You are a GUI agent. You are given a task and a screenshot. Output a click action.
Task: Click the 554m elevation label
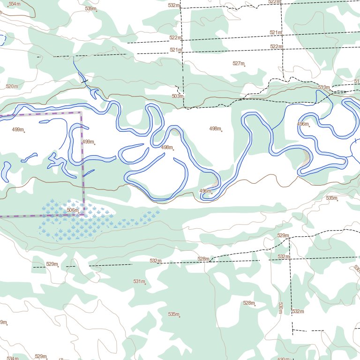click(15, 4)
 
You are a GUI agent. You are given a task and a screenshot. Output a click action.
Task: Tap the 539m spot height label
click(90, 8)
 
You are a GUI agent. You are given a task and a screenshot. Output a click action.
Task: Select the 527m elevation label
click(239, 63)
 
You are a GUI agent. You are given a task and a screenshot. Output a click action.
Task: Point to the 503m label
click(177, 96)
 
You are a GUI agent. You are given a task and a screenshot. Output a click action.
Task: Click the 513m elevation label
click(323, 88)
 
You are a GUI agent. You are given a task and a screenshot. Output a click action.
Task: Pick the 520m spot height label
click(12, 87)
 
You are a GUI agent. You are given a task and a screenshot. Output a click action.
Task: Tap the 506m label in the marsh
click(73, 210)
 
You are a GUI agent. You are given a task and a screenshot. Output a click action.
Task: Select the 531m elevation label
click(139, 282)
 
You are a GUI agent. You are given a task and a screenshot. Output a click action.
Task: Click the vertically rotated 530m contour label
click(280, 307)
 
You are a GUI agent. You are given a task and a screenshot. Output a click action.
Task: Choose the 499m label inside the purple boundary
click(17, 129)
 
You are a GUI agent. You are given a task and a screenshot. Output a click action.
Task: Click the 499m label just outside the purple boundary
click(88, 142)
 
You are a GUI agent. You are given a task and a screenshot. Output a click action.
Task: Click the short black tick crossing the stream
click(84, 82)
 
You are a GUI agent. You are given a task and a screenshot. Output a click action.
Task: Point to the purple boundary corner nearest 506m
click(83, 215)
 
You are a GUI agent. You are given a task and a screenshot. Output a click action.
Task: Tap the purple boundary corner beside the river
click(81, 112)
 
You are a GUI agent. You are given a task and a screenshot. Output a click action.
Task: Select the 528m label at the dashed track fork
click(203, 259)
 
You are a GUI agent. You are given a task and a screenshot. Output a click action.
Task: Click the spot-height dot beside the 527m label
click(246, 65)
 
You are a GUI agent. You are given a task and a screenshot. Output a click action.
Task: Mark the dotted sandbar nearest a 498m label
click(176, 133)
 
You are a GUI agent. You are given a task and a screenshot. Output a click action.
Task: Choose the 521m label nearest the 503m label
click(175, 50)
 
